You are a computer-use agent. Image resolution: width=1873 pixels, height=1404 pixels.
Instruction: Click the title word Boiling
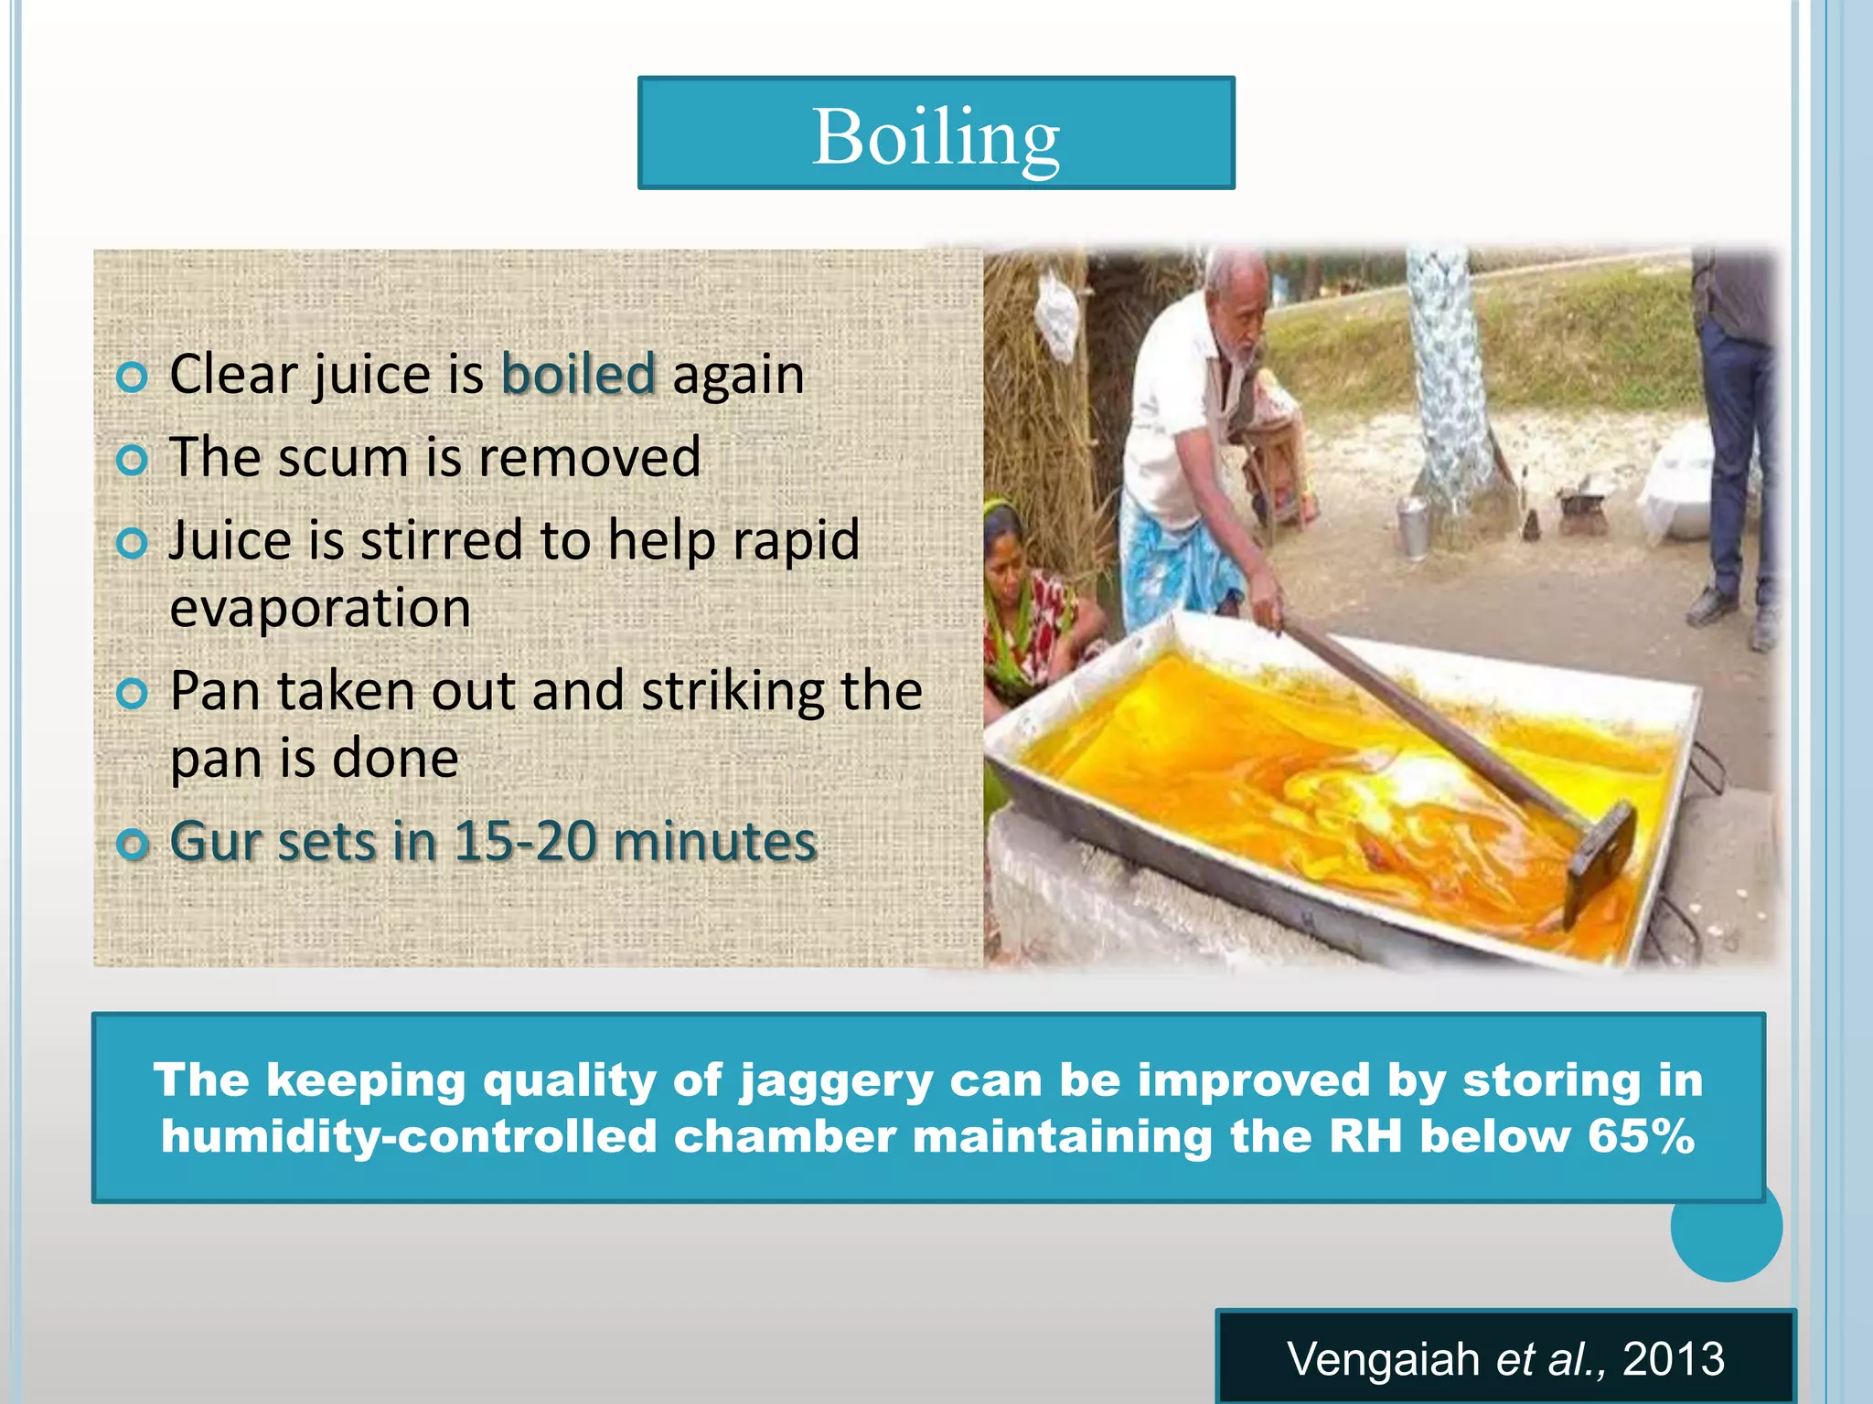(x=935, y=137)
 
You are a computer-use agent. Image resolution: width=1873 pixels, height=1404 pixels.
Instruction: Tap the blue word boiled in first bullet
(x=578, y=375)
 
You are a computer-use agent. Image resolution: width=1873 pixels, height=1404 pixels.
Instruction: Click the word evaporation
(x=320, y=609)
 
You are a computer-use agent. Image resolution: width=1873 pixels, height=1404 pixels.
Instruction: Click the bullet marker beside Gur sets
(x=133, y=844)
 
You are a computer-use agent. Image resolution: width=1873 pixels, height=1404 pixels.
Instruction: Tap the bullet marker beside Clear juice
(x=133, y=377)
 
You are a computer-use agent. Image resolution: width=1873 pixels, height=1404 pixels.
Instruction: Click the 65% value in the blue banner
(x=1642, y=1136)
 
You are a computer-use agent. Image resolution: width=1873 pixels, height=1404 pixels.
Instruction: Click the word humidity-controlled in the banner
(x=408, y=1136)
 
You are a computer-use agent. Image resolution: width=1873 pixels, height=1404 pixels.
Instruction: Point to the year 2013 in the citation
(x=1673, y=1359)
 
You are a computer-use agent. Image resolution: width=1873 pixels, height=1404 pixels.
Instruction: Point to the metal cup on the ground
(x=1413, y=528)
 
